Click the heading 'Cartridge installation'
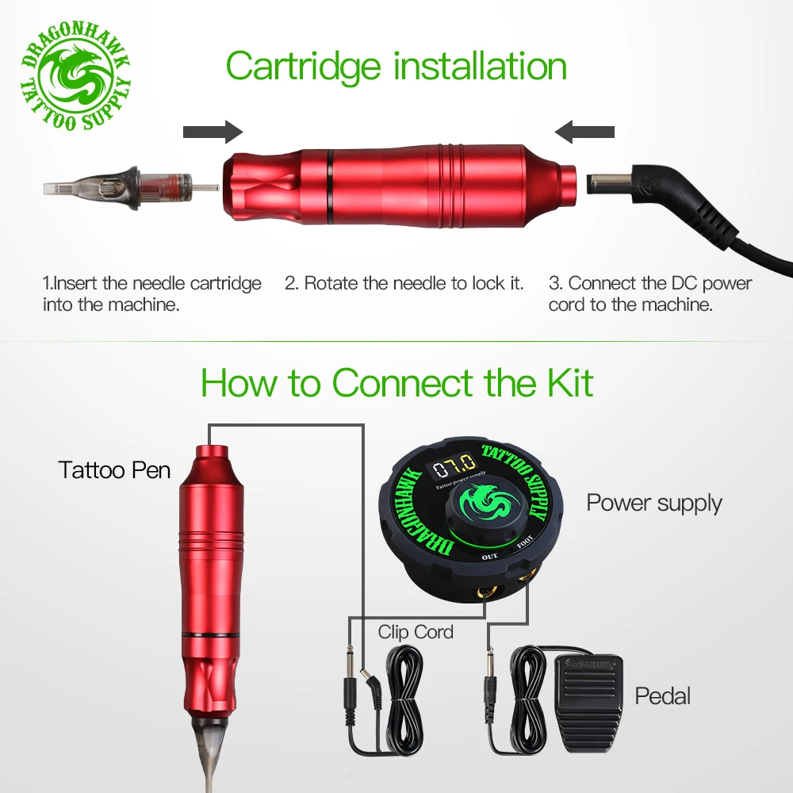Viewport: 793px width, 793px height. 396,66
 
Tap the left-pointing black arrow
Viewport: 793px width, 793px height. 584,132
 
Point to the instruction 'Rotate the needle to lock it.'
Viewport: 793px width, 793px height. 404,283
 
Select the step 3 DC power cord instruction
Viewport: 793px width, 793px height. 650,293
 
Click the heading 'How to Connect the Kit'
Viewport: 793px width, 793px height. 396,383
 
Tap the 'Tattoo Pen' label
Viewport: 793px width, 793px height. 114,470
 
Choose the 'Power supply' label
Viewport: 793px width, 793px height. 654,503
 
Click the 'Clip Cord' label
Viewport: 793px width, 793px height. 416,632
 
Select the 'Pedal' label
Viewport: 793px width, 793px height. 662,696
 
